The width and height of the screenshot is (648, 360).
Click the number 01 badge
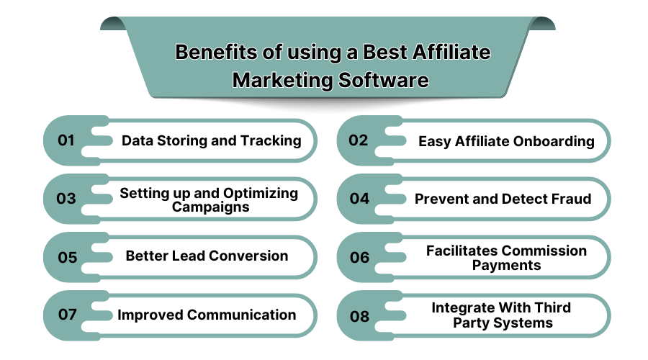(x=66, y=140)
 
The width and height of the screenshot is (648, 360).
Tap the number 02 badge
(x=359, y=140)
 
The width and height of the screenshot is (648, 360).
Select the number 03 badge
(x=66, y=199)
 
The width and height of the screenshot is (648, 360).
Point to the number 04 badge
(x=359, y=199)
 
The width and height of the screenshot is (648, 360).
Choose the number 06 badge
(x=359, y=257)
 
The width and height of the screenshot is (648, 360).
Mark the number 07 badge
(x=66, y=315)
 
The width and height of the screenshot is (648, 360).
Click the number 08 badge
(x=359, y=315)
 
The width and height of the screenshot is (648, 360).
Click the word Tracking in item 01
(x=269, y=141)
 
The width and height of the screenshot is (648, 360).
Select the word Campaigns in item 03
(x=211, y=207)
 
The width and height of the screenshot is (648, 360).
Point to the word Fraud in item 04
(x=572, y=199)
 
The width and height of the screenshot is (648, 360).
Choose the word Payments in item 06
(x=506, y=265)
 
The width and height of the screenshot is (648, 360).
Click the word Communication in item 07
(x=243, y=315)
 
